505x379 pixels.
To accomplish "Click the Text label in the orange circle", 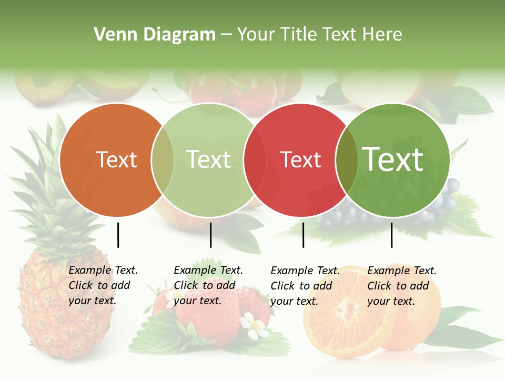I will pos(116,159).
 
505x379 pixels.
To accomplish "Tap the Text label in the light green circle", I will pos(209,159).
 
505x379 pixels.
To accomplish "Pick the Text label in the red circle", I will pos(301,159).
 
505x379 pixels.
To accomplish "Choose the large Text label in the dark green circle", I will pos(393,159).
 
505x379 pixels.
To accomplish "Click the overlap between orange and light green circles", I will pos(163,160).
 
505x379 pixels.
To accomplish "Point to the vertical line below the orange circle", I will pos(118,235).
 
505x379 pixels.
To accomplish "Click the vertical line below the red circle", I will pos(303,235).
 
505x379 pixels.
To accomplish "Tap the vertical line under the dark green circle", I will pos(391,235).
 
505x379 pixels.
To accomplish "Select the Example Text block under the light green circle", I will pos(208,285).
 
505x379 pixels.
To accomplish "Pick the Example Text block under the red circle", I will pos(305,286).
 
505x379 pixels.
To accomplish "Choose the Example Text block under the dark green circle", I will pos(402,286).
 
